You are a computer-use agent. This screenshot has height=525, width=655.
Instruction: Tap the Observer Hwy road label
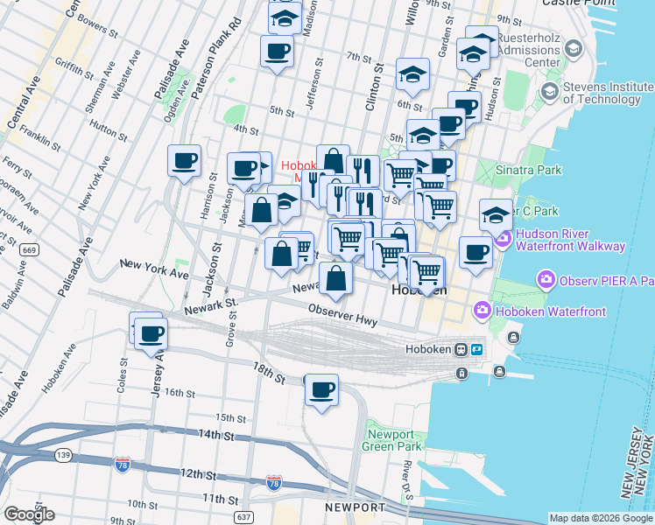point(343,316)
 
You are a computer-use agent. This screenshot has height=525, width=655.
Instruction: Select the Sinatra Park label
point(529,170)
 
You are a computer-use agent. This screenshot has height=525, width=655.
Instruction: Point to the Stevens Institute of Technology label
point(609,93)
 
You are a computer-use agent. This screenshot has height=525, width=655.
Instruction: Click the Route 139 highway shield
point(62,455)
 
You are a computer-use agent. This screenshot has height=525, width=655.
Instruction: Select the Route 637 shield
point(243,517)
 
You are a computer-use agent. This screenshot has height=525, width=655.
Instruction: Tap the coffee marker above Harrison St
point(185,161)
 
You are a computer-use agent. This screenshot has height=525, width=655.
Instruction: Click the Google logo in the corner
point(29,514)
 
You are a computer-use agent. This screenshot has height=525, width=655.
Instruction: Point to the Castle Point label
point(575,3)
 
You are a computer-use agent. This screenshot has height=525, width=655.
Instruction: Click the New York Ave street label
point(154,268)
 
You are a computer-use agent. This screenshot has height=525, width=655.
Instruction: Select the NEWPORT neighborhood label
point(356,508)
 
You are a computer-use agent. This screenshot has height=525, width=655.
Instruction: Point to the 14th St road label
point(218,434)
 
